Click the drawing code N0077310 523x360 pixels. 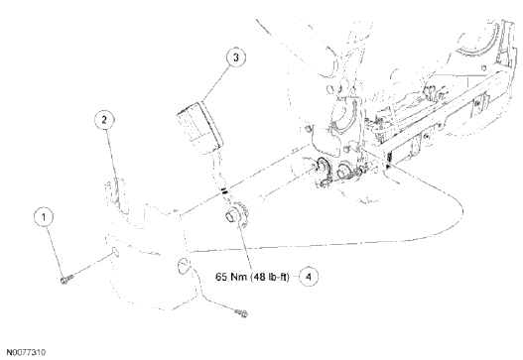tap(28, 351)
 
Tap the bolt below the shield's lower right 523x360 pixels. tap(241, 314)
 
